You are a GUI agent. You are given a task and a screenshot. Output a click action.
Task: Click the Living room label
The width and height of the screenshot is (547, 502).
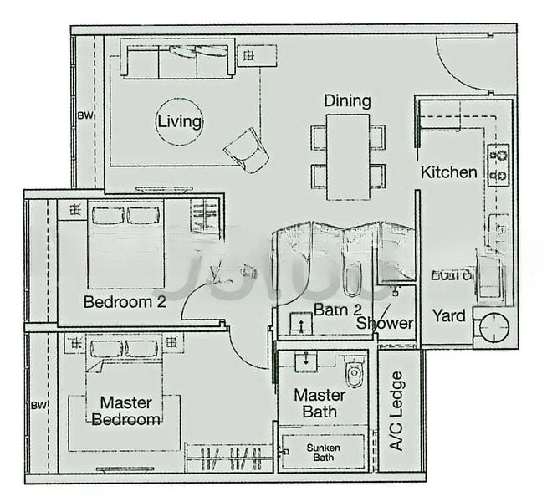click(x=180, y=122)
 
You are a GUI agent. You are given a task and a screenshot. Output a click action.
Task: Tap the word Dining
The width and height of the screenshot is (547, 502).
click(x=348, y=101)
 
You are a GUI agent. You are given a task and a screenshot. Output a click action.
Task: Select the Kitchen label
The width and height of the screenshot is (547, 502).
click(x=449, y=172)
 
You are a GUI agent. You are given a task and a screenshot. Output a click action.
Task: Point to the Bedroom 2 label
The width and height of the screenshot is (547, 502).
click(x=125, y=302)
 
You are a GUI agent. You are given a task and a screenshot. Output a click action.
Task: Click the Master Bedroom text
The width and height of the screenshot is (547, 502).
click(x=125, y=411)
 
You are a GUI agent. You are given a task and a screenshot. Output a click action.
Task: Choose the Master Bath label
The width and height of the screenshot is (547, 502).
click(x=320, y=402)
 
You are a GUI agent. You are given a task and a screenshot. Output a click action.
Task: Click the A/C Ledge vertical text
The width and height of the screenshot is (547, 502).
click(x=398, y=411)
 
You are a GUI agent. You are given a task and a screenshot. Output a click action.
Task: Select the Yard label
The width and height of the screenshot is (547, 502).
click(x=449, y=316)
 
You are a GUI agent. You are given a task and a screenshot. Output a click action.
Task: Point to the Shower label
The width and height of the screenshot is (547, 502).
click(x=385, y=323)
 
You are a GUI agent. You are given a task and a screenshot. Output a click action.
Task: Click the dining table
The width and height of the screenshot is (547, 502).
click(x=348, y=156)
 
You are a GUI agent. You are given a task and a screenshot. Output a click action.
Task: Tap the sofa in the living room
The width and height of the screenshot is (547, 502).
click(x=176, y=60)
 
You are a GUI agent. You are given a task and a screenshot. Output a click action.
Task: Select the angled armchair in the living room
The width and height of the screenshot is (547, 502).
click(x=247, y=151)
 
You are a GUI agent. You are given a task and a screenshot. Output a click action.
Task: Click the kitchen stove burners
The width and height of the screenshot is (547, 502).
click(x=498, y=165)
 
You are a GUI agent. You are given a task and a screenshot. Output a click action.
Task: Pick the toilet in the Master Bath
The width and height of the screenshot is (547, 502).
click(x=355, y=372)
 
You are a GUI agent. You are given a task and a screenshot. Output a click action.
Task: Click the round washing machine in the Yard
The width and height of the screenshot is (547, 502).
click(x=494, y=328)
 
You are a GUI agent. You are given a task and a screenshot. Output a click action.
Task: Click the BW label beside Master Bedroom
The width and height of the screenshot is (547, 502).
click(x=37, y=405)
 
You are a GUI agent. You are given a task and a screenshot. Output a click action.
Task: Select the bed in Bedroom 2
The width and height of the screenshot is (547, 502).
click(x=125, y=243)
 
